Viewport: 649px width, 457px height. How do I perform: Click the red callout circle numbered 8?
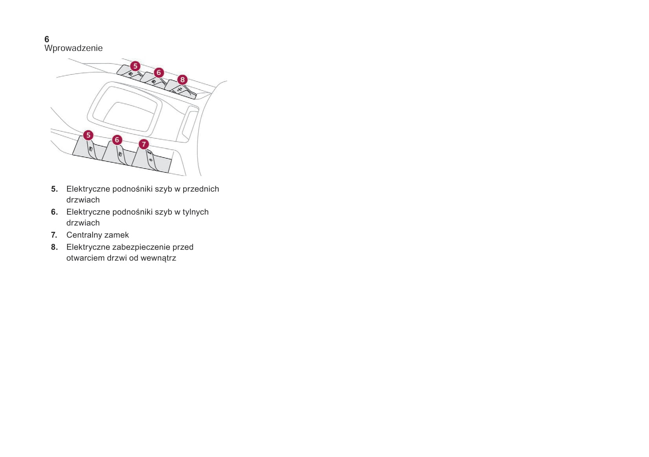click(182, 80)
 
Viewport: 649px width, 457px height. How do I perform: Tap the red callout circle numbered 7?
click(144, 144)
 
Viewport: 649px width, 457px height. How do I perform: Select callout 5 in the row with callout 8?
click(135, 66)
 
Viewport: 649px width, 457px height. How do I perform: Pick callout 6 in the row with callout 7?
click(117, 140)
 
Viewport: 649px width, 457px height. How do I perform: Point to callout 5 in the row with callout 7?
click(88, 135)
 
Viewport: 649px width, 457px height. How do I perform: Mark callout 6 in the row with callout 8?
click(159, 73)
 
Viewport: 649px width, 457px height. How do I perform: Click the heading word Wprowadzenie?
click(73, 48)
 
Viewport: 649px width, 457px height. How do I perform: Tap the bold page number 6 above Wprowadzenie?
click(47, 39)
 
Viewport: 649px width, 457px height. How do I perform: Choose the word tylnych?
click(195, 212)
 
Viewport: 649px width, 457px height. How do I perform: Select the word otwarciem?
click(86, 258)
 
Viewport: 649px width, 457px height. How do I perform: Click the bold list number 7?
click(54, 235)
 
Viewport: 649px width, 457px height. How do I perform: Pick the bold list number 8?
click(54, 247)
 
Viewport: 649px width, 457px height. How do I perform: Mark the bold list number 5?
click(54, 189)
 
